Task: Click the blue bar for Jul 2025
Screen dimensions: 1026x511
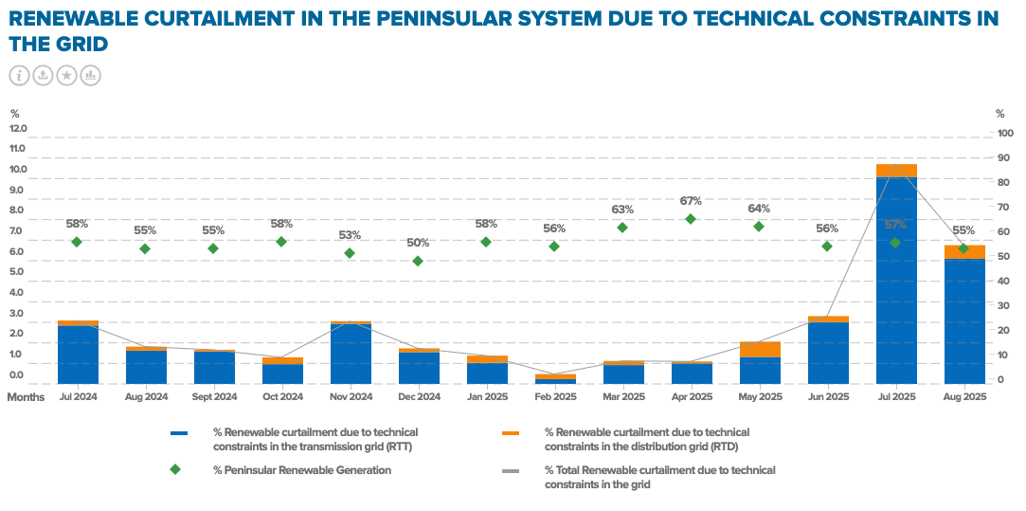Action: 896,281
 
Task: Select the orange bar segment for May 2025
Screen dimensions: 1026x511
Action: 760,349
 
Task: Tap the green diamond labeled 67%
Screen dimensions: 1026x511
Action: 691,219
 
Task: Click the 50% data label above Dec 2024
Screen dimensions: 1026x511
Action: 418,243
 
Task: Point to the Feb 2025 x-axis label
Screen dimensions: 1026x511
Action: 555,397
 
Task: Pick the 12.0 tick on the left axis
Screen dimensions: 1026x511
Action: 18,128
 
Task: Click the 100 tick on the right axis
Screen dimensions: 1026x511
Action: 1004,133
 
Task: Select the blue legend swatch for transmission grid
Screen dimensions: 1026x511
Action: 179,433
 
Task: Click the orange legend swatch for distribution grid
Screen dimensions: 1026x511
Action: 511,433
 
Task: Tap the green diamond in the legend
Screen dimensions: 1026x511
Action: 174,469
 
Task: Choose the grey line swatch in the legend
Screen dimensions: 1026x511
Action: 511,470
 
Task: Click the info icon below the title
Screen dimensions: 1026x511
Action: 20,75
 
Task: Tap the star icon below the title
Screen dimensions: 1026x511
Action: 66,75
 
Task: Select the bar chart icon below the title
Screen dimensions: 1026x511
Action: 90,75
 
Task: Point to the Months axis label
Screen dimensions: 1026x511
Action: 27,397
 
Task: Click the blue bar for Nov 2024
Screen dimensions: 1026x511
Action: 351,354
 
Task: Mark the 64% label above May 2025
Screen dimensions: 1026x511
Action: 759,209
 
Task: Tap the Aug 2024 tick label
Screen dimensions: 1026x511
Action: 147,397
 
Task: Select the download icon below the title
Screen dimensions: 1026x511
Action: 44,75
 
